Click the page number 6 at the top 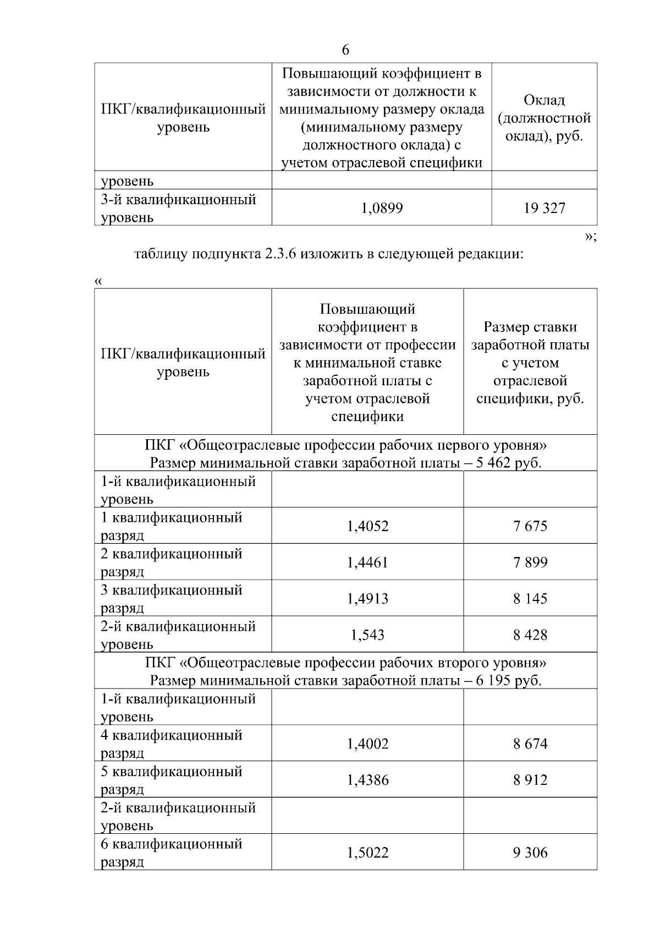pyautogui.click(x=345, y=50)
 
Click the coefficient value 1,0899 pyautogui.click(x=382, y=208)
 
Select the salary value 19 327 pyautogui.click(x=544, y=208)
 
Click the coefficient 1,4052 pyautogui.click(x=367, y=526)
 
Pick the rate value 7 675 pyautogui.click(x=530, y=526)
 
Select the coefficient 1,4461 pyautogui.click(x=367, y=562)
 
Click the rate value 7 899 pyautogui.click(x=530, y=562)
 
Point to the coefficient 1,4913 pyautogui.click(x=367, y=599)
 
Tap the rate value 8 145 pyautogui.click(x=530, y=599)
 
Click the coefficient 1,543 pyautogui.click(x=367, y=635)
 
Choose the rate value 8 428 pyautogui.click(x=530, y=635)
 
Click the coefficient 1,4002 pyautogui.click(x=367, y=744)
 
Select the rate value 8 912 pyautogui.click(x=530, y=780)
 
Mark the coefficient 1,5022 pyautogui.click(x=367, y=853)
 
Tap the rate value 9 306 pyautogui.click(x=530, y=853)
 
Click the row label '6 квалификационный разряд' pyautogui.click(x=171, y=853)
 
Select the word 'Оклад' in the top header pyautogui.click(x=544, y=100)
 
